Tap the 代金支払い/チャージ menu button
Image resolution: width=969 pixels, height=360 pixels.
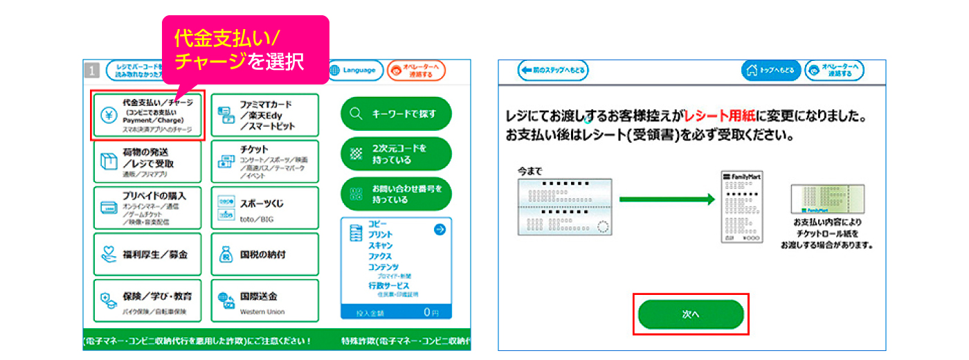(x=149, y=116)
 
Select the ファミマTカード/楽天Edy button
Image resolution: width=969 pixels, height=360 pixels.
(x=264, y=116)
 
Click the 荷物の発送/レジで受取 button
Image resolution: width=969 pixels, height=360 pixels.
(x=148, y=161)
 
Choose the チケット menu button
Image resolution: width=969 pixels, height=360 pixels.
(x=264, y=161)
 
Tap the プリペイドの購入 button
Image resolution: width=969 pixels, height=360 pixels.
(x=148, y=208)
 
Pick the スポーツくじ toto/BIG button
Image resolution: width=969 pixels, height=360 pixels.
(x=264, y=208)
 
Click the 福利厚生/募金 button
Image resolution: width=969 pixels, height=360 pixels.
(x=148, y=254)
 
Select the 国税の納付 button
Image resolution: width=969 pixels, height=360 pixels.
(x=264, y=254)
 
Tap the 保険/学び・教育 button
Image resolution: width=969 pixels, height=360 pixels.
(x=148, y=300)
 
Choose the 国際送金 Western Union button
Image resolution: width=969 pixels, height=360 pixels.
(x=264, y=300)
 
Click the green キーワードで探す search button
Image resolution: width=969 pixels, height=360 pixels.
(x=396, y=114)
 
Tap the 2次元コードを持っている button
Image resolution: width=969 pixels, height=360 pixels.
(x=396, y=154)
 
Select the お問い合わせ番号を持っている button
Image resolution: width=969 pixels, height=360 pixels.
(x=396, y=194)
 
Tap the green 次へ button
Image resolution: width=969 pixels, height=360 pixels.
(x=691, y=314)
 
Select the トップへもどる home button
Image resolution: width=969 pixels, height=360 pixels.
(x=772, y=71)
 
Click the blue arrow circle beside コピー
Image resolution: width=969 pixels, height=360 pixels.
(x=440, y=230)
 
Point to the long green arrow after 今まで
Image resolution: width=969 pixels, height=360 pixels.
(x=667, y=200)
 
